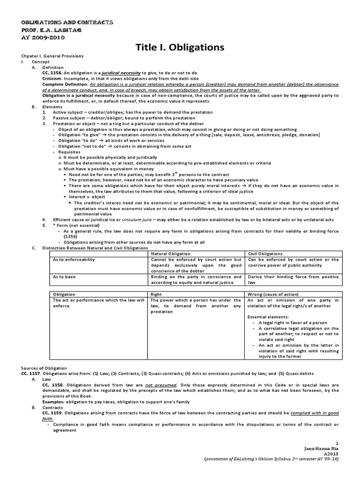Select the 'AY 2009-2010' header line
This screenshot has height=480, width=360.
coord(40,37)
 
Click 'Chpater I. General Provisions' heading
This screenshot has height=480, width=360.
coord(52,56)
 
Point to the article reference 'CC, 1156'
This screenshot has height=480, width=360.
coord(50,73)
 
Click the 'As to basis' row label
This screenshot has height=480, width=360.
coord(65,277)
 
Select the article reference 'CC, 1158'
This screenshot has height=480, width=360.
coord(50,384)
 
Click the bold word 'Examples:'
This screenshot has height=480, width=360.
coord(53,402)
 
